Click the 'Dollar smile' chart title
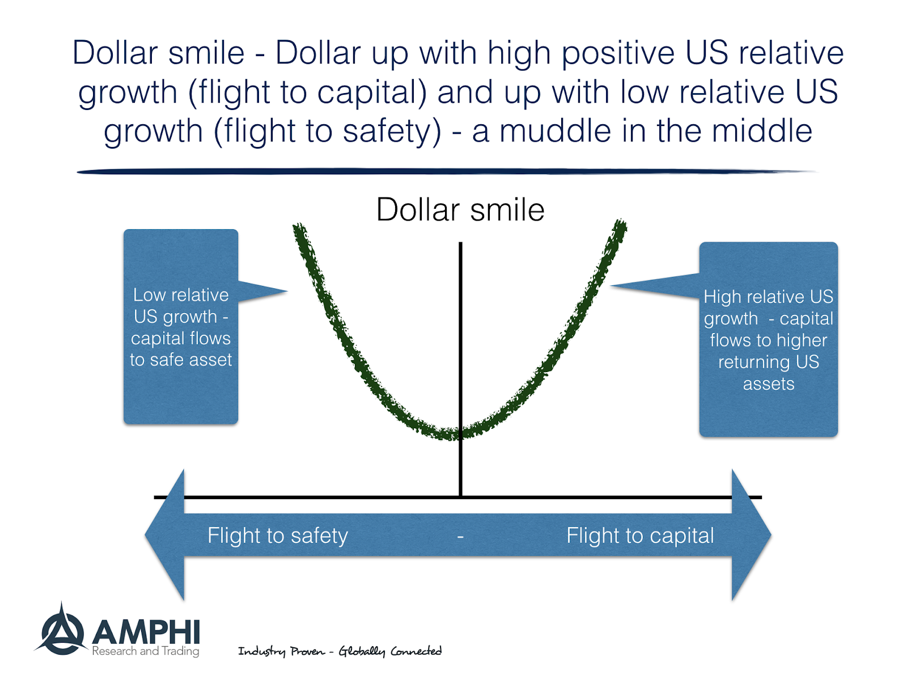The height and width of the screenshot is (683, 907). pos(460,210)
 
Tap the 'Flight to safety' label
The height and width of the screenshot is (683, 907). pos(277,536)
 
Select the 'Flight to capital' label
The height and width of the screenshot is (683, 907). pos(640,536)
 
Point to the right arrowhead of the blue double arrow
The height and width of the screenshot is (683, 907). pos(751,534)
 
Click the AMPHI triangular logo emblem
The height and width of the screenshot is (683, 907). pos(61,631)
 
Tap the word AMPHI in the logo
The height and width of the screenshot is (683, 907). pos(146,632)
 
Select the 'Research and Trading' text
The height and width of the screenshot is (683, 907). pos(146,651)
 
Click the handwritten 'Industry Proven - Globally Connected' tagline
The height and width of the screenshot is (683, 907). pos(340,651)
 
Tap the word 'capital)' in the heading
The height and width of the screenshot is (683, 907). pos(372,92)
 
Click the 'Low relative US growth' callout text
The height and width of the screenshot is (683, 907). pos(181,327)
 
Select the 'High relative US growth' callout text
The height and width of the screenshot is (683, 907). pos(768,339)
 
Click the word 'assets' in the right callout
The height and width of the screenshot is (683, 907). pos(768,384)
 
